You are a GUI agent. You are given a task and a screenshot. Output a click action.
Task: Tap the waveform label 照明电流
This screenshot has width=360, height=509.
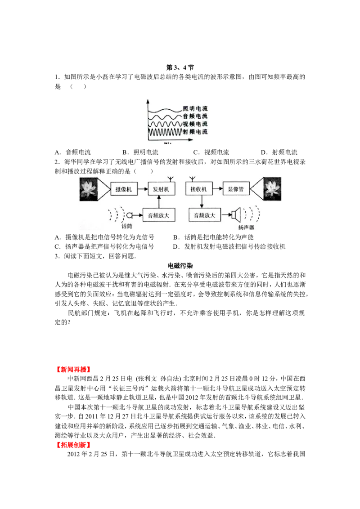pos(195,108)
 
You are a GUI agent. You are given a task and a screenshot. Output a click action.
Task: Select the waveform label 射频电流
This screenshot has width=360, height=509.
pos(195,132)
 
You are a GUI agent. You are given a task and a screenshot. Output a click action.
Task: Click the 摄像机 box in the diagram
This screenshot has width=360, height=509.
pos(123,189)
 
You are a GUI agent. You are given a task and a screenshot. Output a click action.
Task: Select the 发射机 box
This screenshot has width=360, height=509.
pos(161,189)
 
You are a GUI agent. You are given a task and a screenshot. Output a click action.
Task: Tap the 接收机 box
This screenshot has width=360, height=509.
pos(198,189)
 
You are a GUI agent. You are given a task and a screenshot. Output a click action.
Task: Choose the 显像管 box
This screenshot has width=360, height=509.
pos(236,189)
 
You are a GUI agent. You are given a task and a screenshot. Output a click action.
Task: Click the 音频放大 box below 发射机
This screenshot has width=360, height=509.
pos(158,215)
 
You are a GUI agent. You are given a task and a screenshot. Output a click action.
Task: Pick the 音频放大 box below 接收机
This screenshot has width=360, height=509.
pos(205,215)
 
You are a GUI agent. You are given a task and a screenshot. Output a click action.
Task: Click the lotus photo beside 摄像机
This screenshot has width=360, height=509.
pos(89,189)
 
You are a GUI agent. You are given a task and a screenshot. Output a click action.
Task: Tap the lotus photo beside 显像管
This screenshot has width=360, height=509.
pos(272,189)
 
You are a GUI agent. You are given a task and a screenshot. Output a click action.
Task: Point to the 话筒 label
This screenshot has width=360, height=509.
pos(127,226)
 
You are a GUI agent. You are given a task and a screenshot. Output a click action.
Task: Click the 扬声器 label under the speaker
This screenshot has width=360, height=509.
pos(246,227)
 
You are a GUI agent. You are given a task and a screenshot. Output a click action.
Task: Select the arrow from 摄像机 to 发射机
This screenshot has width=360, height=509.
pos(142,189)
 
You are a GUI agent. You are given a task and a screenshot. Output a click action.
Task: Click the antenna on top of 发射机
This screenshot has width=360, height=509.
pos(169,179)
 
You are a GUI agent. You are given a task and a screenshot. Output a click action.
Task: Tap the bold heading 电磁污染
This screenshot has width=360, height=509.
pos(180,266)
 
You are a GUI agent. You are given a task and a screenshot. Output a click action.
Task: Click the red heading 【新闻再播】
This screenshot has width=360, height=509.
pos(73,370)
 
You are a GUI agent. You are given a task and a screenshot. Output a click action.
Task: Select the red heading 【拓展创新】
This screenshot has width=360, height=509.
pos(73,445)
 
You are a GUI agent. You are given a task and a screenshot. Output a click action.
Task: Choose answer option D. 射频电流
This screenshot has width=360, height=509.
pos(279,152)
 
